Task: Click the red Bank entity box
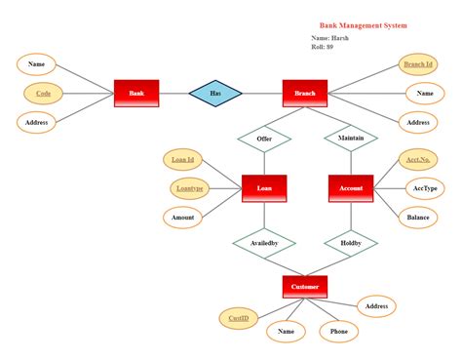136,94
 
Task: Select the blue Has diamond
215,94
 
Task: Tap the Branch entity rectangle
305,94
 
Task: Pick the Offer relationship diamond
264,139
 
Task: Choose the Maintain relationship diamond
351,139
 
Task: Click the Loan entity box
264,188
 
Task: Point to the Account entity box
351,188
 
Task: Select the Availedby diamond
264,243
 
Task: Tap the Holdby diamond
351,243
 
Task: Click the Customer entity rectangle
305,287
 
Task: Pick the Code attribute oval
43,94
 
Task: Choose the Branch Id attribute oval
418,64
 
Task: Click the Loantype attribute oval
190,188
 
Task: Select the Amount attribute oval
182,218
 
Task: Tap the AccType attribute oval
425,188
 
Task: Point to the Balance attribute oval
418,218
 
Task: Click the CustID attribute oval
239,318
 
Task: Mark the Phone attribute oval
339,332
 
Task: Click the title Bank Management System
364,25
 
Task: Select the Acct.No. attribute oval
418,160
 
